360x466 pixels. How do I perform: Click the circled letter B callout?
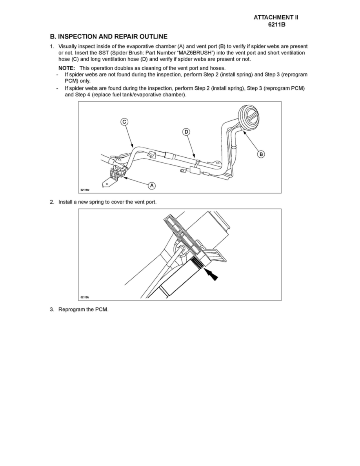260,154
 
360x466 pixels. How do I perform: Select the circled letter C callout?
124,122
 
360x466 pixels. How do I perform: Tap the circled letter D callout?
186,132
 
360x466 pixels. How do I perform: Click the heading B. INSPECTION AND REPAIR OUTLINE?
109,36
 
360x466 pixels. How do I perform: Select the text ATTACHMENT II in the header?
279,17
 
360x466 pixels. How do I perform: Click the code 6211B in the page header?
279,24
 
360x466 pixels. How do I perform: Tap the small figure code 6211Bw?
85,190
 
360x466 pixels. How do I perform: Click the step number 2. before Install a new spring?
52,202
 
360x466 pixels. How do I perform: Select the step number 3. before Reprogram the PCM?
52,309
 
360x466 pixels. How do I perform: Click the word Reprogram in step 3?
72,309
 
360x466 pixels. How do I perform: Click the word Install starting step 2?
66,202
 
